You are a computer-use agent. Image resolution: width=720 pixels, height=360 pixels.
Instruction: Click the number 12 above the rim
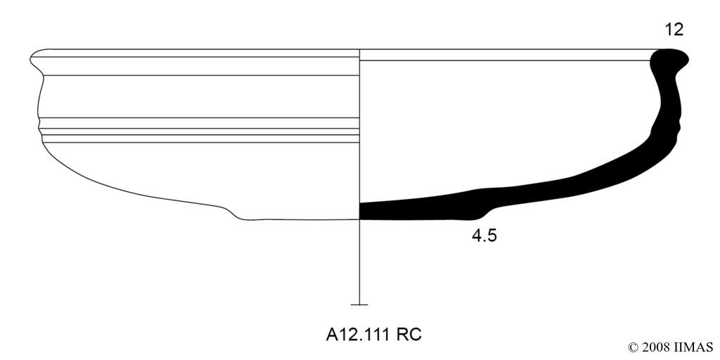tap(674, 30)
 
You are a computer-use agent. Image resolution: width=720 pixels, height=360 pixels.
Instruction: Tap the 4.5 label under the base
tap(484, 236)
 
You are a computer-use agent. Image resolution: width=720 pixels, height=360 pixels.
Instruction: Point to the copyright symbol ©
tap(633, 347)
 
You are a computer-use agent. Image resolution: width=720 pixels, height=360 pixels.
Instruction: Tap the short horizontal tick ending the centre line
tap(359, 304)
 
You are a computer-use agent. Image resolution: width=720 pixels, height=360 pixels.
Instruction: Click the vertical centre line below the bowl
tap(359, 262)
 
